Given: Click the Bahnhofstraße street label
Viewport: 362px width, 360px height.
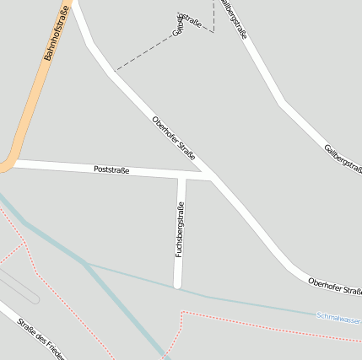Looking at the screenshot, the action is [55, 34].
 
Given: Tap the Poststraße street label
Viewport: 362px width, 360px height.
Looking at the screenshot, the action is [111, 170].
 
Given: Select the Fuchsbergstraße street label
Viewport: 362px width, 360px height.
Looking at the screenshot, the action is [180, 229].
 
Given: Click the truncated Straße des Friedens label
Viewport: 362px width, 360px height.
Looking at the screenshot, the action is [38, 341].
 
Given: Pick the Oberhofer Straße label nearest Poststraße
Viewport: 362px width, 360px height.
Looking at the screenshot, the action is [174, 138].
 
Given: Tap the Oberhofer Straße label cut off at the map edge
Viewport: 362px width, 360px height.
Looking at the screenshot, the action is [334, 287].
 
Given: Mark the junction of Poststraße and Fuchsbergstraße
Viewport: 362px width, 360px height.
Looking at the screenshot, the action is [181, 176].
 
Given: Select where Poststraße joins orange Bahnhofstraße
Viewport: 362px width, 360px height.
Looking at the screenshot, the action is [12, 163].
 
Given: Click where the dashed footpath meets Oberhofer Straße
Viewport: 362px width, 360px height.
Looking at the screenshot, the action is [115, 72].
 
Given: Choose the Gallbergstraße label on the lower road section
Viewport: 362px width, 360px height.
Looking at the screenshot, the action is [343, 160].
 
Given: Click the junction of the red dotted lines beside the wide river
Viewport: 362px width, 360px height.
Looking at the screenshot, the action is [23, 244].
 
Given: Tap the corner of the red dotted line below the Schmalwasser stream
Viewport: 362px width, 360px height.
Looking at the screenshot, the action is [183, 314].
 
